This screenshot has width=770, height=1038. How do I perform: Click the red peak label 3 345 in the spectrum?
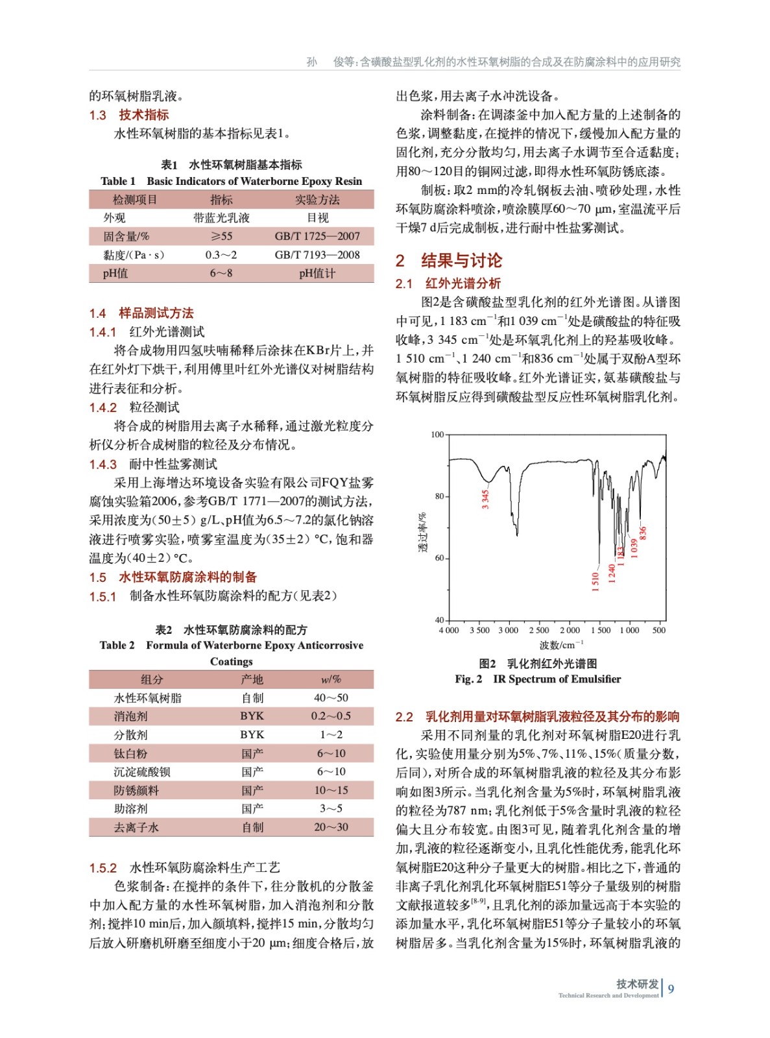pos(485,499)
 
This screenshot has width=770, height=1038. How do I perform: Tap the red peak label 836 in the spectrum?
pos(643,533)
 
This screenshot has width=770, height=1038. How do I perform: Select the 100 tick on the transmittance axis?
pos(437,435)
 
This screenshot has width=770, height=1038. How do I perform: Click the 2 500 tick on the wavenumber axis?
pos(538,630)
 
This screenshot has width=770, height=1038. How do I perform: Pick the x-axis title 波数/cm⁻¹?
pos(561,645)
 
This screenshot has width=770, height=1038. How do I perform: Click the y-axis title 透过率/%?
pos(422,532)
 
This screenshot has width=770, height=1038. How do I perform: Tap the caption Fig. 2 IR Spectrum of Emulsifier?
pos(538,679)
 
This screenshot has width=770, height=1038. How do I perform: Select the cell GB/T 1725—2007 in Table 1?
pos(317,236)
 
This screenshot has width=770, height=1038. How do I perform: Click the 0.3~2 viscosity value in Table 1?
pos(221,255)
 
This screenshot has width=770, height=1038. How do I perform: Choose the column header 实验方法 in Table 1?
pos(317,199)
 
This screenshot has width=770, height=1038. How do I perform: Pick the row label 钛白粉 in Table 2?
pos(130,753)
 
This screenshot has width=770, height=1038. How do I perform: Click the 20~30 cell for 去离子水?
pos(331,827)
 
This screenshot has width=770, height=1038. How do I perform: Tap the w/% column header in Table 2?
pos(331,679)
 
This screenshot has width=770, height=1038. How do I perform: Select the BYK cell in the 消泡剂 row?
pos(252,716)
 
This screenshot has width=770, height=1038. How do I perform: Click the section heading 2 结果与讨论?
pos(449,261)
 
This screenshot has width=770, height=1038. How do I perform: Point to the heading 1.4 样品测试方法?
pos(141,313)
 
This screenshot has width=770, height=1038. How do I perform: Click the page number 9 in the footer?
pos(671,989)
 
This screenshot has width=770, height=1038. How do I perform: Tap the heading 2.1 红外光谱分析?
pos(448,284)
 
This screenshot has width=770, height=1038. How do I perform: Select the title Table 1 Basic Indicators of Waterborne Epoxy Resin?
pos(231,181)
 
